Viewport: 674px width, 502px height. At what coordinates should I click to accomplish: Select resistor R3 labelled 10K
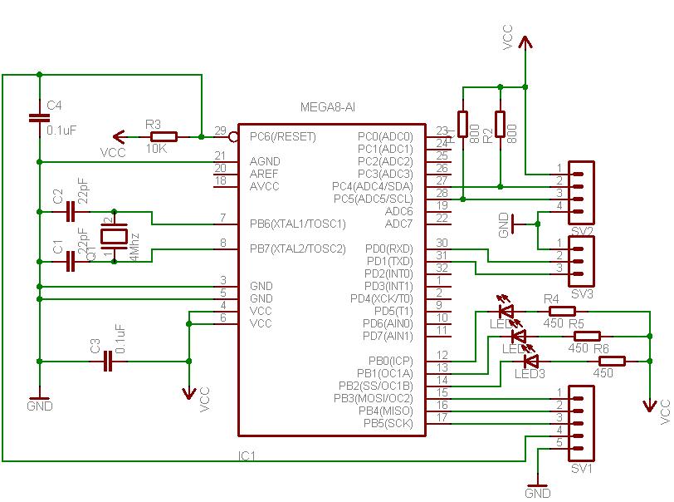coord(164,136)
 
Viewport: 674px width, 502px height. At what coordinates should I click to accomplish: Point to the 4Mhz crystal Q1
coord(112,236)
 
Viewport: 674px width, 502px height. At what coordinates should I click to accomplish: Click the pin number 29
coord(219,130)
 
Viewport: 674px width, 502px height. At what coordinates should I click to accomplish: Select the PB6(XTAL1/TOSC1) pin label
coord(297,224)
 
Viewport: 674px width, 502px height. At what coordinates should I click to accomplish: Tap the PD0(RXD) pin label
coord(389,249)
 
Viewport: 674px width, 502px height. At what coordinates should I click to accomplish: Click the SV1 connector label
coord(580,469)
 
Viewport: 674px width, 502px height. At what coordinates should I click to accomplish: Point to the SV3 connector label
coord(581,293)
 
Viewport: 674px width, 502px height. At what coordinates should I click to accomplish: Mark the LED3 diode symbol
coord(530,362)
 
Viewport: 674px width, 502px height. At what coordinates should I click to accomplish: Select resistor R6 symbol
coord(612,361)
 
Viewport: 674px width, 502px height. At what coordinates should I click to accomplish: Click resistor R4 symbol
coord(562,311)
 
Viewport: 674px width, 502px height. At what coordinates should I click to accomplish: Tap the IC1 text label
coord(247,456)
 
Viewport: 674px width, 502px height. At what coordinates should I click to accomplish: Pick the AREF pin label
coord(264,174)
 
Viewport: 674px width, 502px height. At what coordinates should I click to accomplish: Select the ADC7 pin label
coord(398,224)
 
